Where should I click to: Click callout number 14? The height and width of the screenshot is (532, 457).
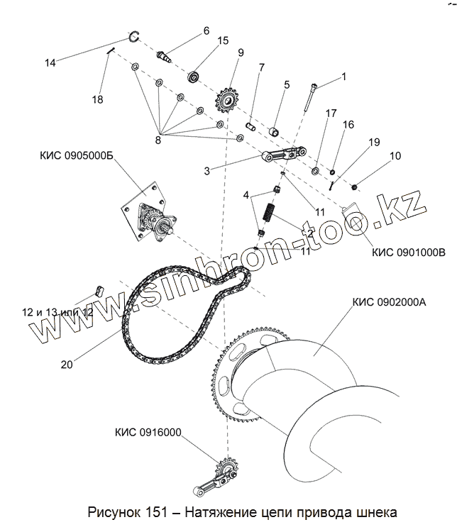point(50,62)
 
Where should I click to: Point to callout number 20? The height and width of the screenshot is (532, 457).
point(67,365)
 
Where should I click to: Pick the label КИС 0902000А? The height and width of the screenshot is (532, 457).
point(388,301)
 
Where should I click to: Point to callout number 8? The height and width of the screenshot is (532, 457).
point(158,140)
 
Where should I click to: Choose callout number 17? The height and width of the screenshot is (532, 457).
point(331,113)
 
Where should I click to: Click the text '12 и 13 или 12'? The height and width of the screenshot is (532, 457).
point(59,312)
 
